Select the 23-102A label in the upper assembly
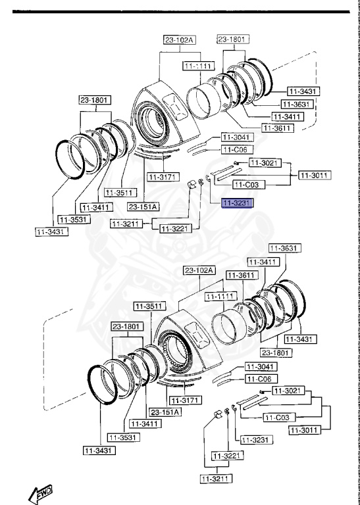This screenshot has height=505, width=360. (180, 40)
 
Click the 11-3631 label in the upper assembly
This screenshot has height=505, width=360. (297, 104)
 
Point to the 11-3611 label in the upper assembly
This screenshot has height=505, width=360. (277, 128)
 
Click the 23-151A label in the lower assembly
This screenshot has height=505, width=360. (165, 412)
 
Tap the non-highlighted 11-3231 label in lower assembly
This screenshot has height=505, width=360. (253, 439)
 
